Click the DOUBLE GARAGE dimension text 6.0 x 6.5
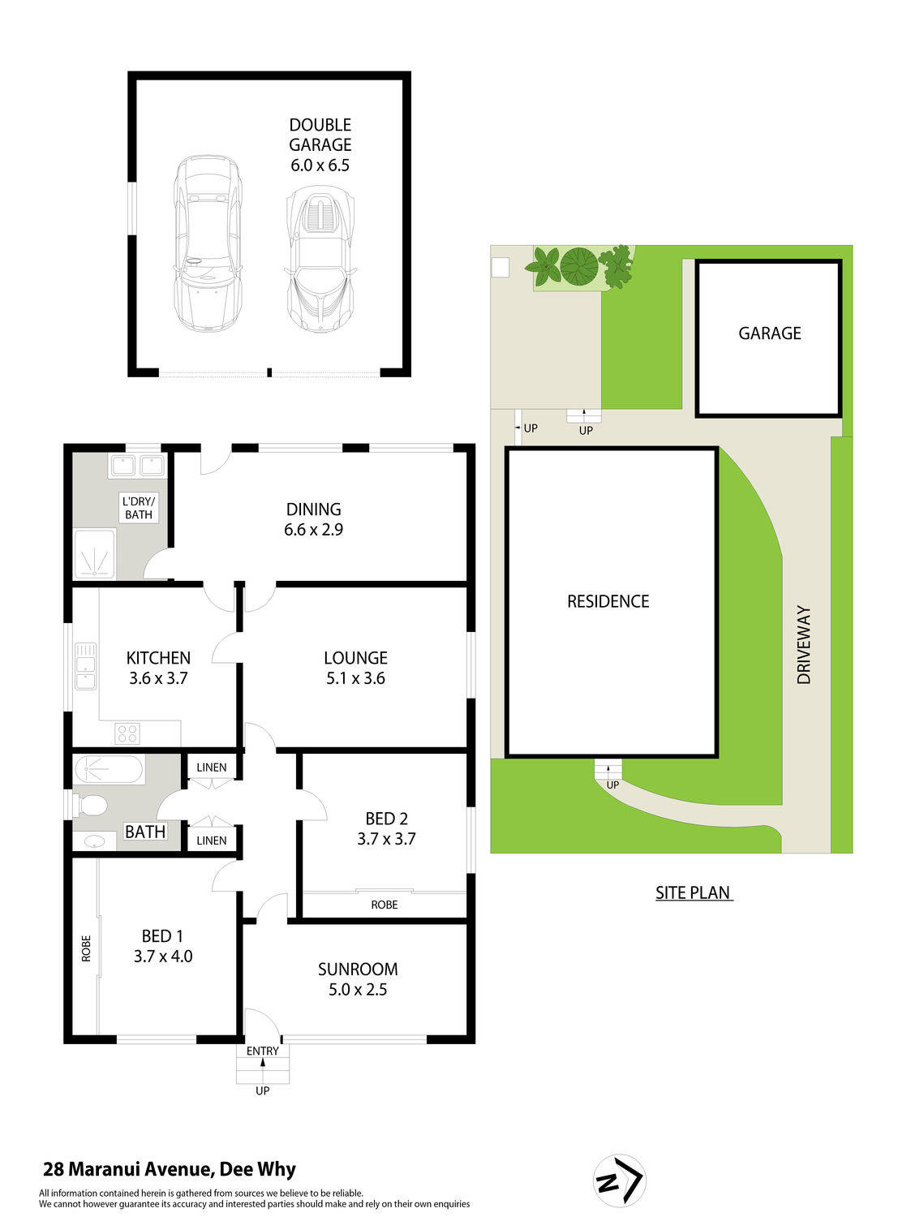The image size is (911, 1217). click(320, 166)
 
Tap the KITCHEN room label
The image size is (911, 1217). click(158, 657)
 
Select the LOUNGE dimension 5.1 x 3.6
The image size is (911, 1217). click(355, 678)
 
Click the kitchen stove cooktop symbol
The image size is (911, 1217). click(127, 733)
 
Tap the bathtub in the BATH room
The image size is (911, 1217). click(110, 770)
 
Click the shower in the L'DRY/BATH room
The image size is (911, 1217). click(95, 554)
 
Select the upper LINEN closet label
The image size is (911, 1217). click(212, 768)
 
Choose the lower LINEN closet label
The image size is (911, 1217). click(212, 841)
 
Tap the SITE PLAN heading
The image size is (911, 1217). click(694, 892)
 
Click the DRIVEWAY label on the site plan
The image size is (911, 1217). click(803, 644)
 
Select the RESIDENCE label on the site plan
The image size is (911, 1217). click(608, 601)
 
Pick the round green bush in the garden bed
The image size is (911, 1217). click(579, 267)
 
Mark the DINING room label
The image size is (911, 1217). click(314, 509)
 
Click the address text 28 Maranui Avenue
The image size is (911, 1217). click(128, 1169)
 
